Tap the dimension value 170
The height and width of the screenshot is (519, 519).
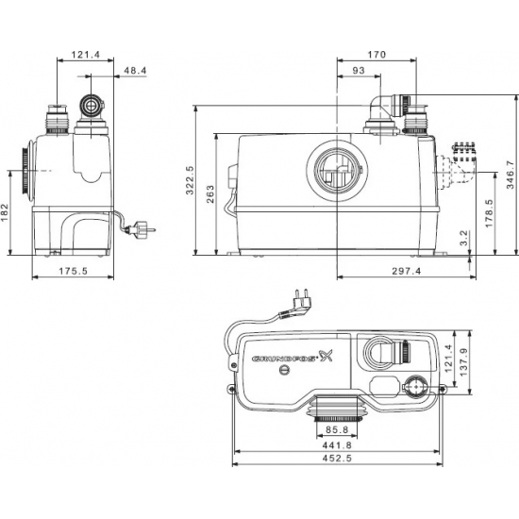[377, 55]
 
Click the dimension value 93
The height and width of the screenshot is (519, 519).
[360, 74]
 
